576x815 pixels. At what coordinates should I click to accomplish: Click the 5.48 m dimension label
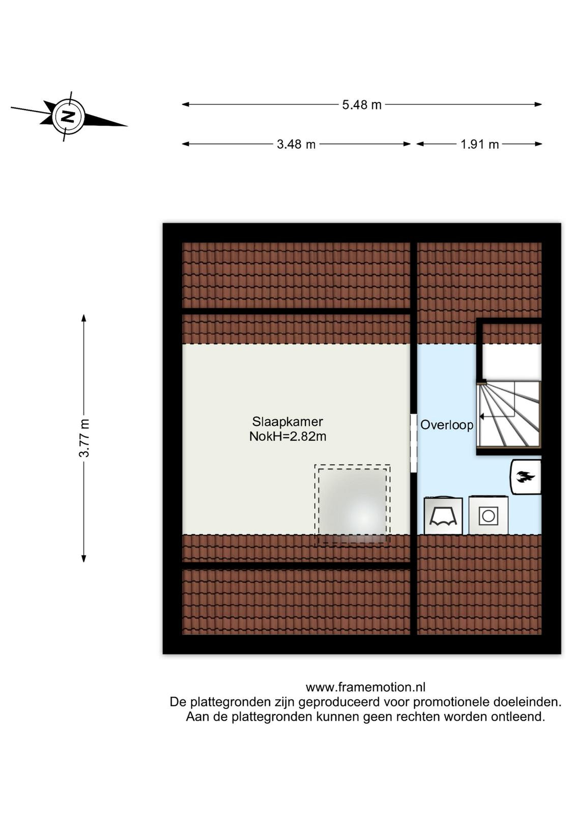pyautogui.click(x=362, y=105)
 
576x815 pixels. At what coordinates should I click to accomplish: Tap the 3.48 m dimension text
pyautogui.click(x=296, y=145)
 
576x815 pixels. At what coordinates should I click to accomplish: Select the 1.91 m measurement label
pyautogui.click(x=479, y=145)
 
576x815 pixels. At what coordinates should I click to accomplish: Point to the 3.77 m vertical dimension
pyautogui.click(x=84, y=438)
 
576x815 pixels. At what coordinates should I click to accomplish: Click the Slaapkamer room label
pyautogui.click(x=287, y=422)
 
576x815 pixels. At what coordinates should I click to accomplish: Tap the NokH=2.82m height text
pyautogui.click(x=287, y=436)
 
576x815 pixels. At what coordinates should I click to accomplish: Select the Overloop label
pyautogui.click(x=447, y=425)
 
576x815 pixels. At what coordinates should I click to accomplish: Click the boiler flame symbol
pyautogui.click(x=525, y=476)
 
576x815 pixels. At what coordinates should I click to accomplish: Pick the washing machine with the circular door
pyautogui.click(x=487, y=515)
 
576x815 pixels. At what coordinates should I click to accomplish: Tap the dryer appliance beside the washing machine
pyautogui.click(x=443, y=515)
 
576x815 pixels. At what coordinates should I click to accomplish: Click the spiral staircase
pyautogui.click(x=509, y=414)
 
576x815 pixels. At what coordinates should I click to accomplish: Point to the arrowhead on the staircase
pyautogui.click(x=482, y=416)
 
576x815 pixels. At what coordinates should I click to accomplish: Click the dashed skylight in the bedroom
pyautogui.click(x=352, y=505)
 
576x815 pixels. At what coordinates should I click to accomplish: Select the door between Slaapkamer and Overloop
pyautogui.click(x=413, y=443)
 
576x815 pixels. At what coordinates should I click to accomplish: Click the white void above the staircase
pyautogui.click(x=512, y=362)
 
